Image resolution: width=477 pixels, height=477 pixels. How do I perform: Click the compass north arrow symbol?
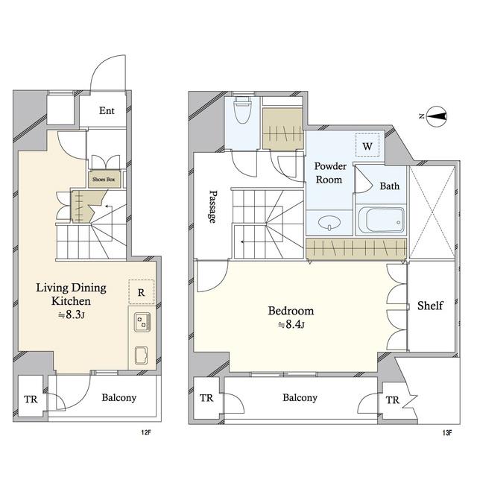click(x=436, y=116)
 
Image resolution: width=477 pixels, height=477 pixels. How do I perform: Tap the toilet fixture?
click(x=242, y=110)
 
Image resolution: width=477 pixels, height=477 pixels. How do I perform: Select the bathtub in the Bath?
click(x=381, y=220)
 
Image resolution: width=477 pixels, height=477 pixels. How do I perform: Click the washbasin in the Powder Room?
click(x=329, y=222)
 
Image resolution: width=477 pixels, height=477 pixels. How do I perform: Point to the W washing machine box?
click(x=367, y=145)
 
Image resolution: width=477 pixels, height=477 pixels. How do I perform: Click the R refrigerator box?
click(x=142, y=291)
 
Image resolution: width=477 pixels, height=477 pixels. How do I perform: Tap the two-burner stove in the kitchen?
click(x=142, y=322)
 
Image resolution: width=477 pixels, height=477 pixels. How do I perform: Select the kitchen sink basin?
click(x=142, y=355)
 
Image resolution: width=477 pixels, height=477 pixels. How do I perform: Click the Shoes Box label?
click(x=104, y=180)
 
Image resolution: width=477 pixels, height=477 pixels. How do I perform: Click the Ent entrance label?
click(x=107, y=110)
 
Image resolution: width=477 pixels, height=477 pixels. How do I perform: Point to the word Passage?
click(x=214, y=207)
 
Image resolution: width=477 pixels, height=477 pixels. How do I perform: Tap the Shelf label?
click(x=430, y=306)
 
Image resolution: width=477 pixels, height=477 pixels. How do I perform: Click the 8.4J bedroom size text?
click(x=291, y=325)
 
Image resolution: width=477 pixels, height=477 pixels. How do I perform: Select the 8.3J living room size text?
click(x=72, y=315)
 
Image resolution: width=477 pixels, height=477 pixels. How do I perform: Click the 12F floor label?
click(x=146, y=432)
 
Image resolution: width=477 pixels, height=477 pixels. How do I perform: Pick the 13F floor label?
click(x=447, y=432)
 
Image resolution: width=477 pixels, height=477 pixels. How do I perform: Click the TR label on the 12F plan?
click(x=31, y=399)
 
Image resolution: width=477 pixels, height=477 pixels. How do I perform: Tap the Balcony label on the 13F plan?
click(x=300, y=397)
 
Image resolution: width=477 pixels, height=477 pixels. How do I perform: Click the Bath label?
click(x=390, y=186)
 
